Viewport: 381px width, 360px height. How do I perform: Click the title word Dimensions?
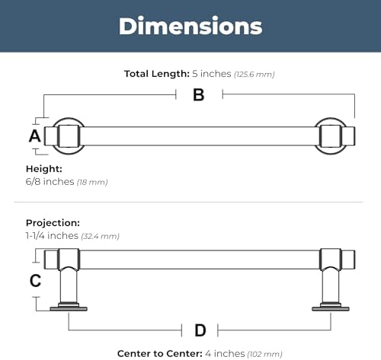coord(190,26)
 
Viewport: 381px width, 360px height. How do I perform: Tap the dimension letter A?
coord(35,136)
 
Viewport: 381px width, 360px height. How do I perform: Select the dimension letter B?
coord(199,95)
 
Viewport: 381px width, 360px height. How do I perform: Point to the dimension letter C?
coord(35,281)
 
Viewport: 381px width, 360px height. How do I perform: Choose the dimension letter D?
coord(200,330)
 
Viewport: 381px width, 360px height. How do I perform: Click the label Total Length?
coord(157,74)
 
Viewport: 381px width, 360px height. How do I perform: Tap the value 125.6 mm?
coord(255,75)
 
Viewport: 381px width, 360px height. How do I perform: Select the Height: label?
coord(44,169)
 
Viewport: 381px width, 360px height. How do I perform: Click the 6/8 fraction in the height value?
coord(33,181)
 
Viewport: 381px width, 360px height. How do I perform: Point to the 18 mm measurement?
coord(92,182)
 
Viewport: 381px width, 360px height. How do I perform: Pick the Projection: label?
coord(53,223)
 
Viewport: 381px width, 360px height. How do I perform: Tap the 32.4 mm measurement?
coord(100,236)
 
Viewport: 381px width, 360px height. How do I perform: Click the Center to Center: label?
coord(160,353)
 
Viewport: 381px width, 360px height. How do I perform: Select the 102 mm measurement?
coord(264,354)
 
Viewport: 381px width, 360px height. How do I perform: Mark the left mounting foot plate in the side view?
coord(69,308)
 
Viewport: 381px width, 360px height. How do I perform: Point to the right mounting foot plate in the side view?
coord(331,308)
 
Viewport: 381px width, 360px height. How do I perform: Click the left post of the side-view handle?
coord(69,285)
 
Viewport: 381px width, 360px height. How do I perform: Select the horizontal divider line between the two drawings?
coord(188,202)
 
